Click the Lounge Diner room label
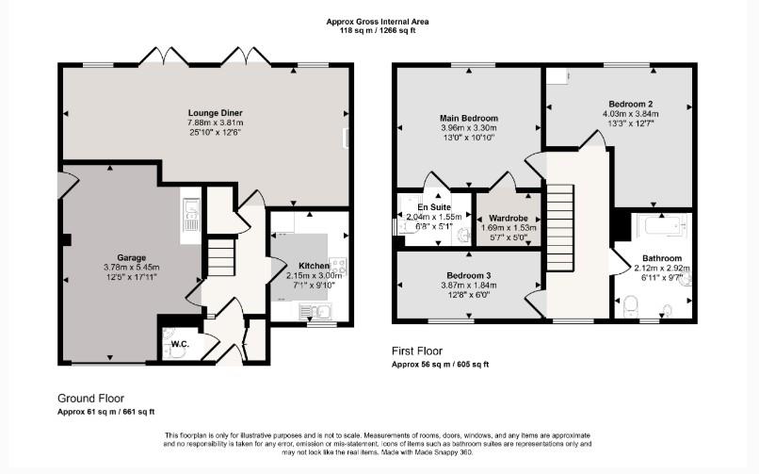tap(216, 113)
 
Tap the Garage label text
tap(131, 257)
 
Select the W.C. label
tap(180, 344)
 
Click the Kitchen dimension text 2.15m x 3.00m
tap(315, 275)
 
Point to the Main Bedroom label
tap(469, 118)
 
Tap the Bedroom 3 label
tap(469, 275)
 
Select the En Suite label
tap(434, 207)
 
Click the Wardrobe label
tap(509, 219)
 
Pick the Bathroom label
tap(662, 258)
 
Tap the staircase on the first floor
tap(560, 228)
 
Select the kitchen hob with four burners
tap(338, 266)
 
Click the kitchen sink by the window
tap(315, 311)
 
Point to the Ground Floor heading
tap(91, 399)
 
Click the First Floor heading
tap(417, 351)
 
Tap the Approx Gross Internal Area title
tap(377, 22)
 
